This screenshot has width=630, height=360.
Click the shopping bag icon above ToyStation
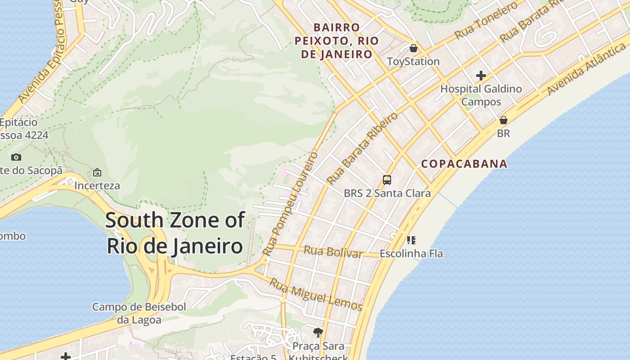tap(413, 48)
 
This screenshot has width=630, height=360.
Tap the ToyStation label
tap(413, 61)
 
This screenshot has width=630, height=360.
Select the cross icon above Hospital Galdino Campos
tap(481, 75)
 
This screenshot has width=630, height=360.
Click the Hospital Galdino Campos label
tap(481, 95)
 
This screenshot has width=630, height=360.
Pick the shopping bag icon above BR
tap(504, 120)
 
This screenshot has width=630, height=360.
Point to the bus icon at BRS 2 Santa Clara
tap(387, 180)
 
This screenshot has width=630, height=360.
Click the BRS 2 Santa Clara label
tap(387, 193)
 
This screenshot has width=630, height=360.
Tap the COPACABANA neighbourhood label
tap(464, 164)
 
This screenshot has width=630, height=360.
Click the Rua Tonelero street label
tap(486, 21)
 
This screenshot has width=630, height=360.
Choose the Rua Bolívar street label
tap(333, 252)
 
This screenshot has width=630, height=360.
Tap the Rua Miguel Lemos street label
tap(316, 295)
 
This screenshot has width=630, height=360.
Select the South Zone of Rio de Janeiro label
tap(175, 233)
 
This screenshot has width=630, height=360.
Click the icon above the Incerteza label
tap(97, 172)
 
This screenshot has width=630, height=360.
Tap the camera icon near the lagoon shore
tap(16, 157)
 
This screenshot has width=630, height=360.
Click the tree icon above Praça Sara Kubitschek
tap(318, 333)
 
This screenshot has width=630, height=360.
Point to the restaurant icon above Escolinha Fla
tap(411, 240)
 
